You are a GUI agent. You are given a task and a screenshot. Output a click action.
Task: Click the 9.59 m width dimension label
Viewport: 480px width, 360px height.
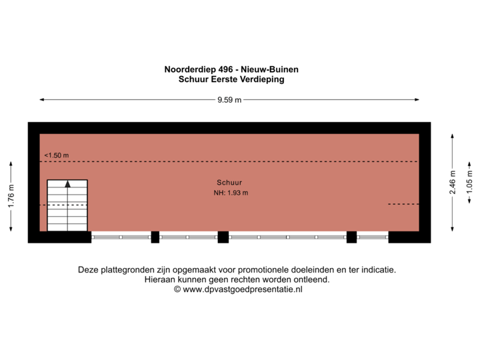pyautogui.click(x=229, y=100)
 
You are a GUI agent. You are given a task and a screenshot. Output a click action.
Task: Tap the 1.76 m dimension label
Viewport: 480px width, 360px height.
pyautogui.click(x=11, y=197)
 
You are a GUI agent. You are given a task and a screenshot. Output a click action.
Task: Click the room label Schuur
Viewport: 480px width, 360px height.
pyautogui.click(x=229, y=182)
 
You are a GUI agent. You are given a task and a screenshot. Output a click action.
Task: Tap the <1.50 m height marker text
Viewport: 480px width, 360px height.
pyautogui.click(x=57, y=155)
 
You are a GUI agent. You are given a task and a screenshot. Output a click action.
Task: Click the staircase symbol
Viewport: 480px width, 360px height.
pyautogui.click(x=67, y=205)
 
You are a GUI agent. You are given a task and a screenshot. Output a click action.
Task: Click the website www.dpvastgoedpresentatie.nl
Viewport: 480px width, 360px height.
pyautogui.click(x=243, y=290)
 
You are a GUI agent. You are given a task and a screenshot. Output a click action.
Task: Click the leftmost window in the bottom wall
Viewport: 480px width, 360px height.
pyautogui.click(x=121, y=237)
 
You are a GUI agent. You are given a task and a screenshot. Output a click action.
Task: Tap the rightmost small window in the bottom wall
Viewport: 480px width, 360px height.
pyautogui.click(x=372, y=237)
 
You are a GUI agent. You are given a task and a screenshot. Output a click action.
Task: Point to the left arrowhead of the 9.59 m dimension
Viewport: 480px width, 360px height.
pyautogui.click(x=41, y=100)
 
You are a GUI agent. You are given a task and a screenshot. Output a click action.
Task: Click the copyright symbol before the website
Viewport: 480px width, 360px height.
pyautogui.click(x=177, y=290)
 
